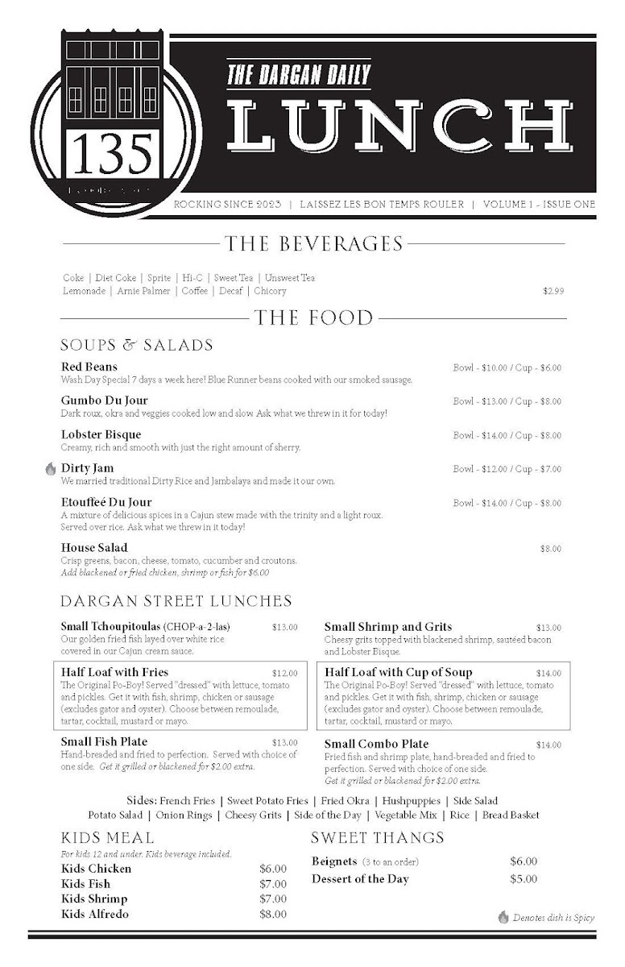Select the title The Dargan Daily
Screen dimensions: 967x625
click(299, 76)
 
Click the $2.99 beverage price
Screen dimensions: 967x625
click(553, 291)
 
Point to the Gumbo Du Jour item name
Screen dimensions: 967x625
click(105, 400)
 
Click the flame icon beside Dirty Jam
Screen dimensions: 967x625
click(50, 468)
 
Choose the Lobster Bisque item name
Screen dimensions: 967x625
click(101, 434)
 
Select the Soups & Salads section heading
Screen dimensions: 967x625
click(137, 345)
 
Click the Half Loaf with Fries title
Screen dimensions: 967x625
click(115, 671)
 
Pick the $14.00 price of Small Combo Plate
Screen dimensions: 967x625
click(548, 745)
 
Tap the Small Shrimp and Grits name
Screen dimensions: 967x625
click(388, 626)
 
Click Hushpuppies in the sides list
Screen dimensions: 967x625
click(411, 801)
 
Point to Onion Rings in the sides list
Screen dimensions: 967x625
click(184, 816)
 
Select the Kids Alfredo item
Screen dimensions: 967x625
click(95, 914)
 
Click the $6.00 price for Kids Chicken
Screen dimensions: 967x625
click(272, 869)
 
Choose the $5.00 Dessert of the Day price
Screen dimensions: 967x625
click(524, 879)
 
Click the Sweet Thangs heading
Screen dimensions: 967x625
click(378, 838)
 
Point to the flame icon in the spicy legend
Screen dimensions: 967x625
click(503, 917)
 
